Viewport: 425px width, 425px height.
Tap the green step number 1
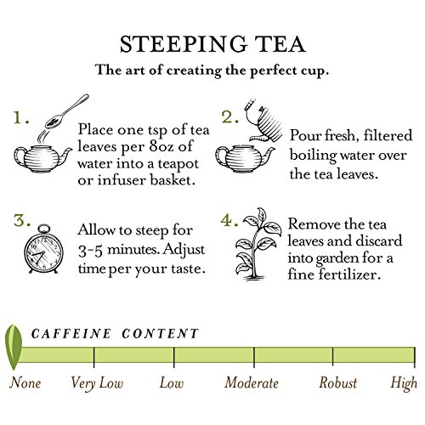21,117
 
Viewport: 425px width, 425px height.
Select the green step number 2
229,116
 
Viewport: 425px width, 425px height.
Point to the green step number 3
22,220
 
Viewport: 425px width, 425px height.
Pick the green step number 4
229,220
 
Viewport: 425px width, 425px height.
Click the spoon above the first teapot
67,111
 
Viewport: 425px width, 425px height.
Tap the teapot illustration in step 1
42,159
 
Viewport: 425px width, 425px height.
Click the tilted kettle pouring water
264,121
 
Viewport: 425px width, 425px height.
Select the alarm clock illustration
43,249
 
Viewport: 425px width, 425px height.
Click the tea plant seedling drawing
258,244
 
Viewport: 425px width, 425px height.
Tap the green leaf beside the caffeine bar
14,348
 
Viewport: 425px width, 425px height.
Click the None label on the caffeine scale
25,383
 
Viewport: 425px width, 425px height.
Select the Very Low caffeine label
97,383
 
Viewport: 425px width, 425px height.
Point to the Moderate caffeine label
252,383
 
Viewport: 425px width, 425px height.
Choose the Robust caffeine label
337,383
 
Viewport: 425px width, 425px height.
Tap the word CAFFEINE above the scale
71,333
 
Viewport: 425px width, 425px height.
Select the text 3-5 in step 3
90,251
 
